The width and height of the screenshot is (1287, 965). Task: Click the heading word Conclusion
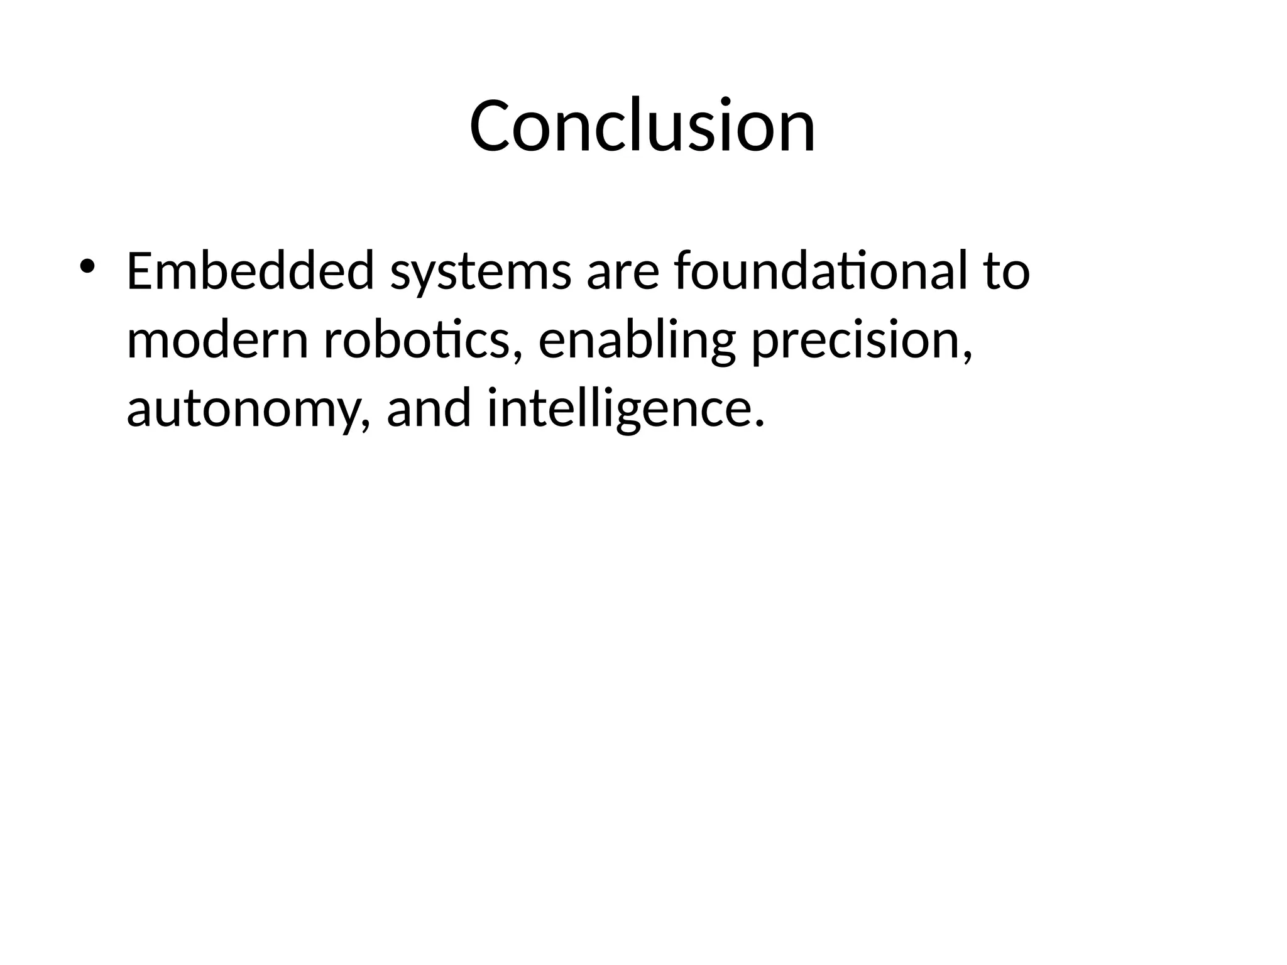click(x=642, y=126)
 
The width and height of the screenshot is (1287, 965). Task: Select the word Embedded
click(x=250, y=271)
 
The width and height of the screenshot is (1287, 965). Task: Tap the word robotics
click(x=415, y=341)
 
